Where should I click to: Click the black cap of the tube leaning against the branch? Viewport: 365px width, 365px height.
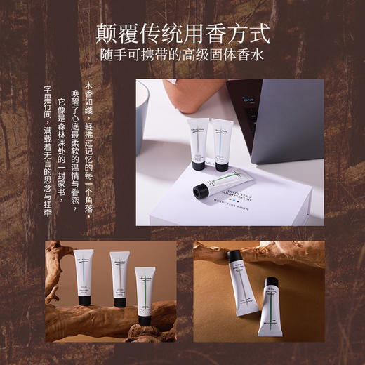click(234, 258)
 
